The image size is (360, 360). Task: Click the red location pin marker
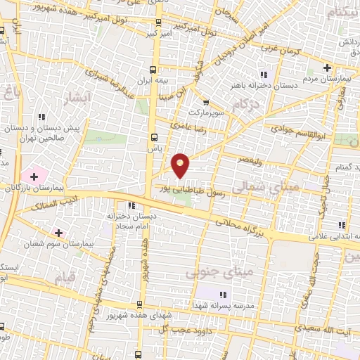tap(181, 166)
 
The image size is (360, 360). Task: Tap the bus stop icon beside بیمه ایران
tap(154, 70)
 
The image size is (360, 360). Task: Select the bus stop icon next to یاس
tap(154, 137)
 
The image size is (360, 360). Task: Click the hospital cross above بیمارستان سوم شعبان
tap(58, 231)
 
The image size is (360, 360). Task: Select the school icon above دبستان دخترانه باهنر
tap(264, 75)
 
